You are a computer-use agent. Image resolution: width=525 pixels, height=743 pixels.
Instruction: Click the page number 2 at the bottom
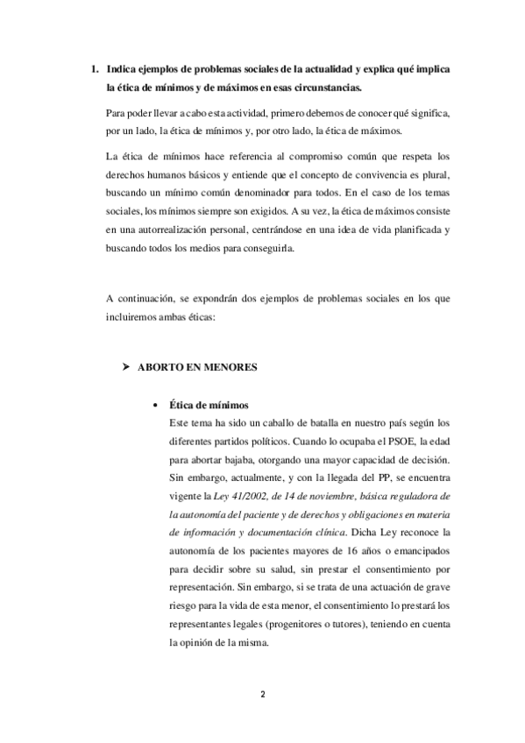coord(262,695)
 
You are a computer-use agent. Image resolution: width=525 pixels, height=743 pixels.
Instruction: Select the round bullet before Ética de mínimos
coord(155,406)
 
